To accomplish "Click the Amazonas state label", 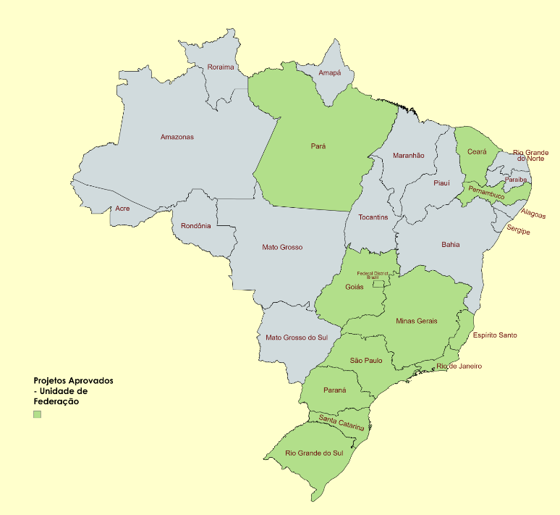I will click(x=177, y=137).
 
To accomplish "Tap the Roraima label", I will click(x=221, y=67).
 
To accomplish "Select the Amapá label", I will click(x=330, y=73).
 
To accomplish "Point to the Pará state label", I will click(x=318, y=146).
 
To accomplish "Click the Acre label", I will click(x=123, y=209).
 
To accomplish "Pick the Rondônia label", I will click(x=196, y=225).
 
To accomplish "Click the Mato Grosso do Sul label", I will click(x=297, y=338).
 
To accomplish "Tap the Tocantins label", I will click(x=373, y=217).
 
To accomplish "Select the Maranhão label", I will click(x=409, y=156).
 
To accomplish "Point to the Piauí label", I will click(x=441, y=183).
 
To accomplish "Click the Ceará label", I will click(x=477, y=151).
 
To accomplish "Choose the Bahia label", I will click(x=451, y=245).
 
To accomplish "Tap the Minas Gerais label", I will click(x=417, y=321).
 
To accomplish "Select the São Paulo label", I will click(x=366, y=360).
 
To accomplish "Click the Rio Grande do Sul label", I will click(x=315, y=453).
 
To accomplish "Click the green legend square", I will click(x=38, y=414).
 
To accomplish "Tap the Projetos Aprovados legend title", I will click(x=73, y=380).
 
